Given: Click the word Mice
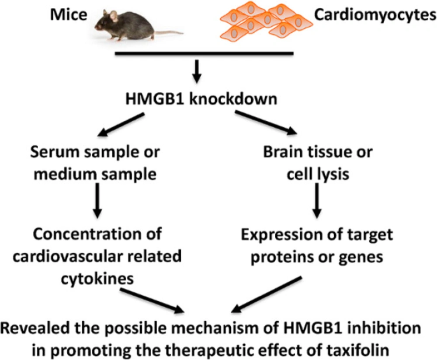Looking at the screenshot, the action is [x=69, y=14].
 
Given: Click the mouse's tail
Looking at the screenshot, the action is [x=168, y=33].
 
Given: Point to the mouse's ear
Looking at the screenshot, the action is [x=114, y=16].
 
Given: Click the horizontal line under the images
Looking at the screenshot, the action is [x=204, y=53].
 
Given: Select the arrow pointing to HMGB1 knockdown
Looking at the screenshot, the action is [x=197, y=71].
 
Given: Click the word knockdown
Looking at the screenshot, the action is [x=233, y=99].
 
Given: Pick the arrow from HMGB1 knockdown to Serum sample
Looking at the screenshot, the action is [x=121, y=125].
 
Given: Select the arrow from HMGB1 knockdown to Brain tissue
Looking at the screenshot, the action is [x=266, y=122].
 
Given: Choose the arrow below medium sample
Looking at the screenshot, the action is [x=97, y=200].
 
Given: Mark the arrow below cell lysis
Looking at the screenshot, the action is [x=317, y=200].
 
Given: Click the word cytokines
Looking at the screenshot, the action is [x=97, y=279].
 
